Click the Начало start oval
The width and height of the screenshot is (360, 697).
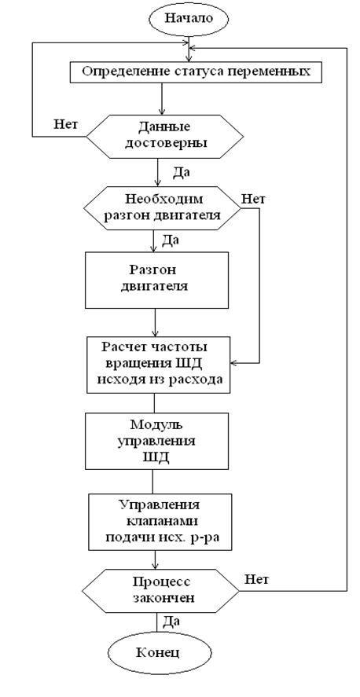(x=189, y=19)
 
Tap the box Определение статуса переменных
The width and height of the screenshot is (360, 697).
(x=196, y=72)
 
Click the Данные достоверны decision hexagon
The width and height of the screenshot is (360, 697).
(x=164, y=135)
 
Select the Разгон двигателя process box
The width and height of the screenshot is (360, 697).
(x=157, y=280)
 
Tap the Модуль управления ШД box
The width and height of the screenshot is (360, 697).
(x=157, y=441)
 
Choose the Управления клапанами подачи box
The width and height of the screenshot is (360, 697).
(x=160, y=522)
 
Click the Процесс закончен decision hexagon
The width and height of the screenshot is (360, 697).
(x=160, y=590)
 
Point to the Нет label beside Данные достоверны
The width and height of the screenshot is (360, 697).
(x=66, y=124)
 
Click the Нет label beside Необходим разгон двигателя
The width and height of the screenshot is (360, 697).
(x=253, y=198)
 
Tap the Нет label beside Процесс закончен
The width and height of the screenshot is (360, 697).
(x=256, y=579)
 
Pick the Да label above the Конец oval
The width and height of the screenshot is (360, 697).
(x=171, y=620)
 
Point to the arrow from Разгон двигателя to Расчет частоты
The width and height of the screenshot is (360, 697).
(x=155, y=322)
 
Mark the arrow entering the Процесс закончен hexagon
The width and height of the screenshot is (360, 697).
(x=155, y=559)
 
